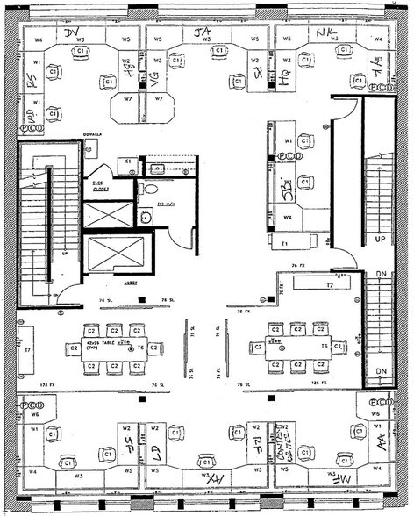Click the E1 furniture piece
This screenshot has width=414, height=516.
click(285, 240)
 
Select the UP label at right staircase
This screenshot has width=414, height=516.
click(381, 238)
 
